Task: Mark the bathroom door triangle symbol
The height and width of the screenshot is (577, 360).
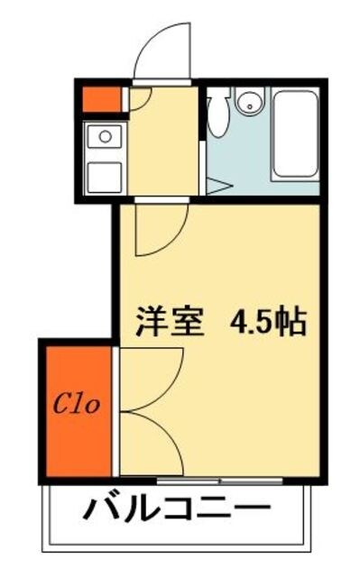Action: pos(217,186)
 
